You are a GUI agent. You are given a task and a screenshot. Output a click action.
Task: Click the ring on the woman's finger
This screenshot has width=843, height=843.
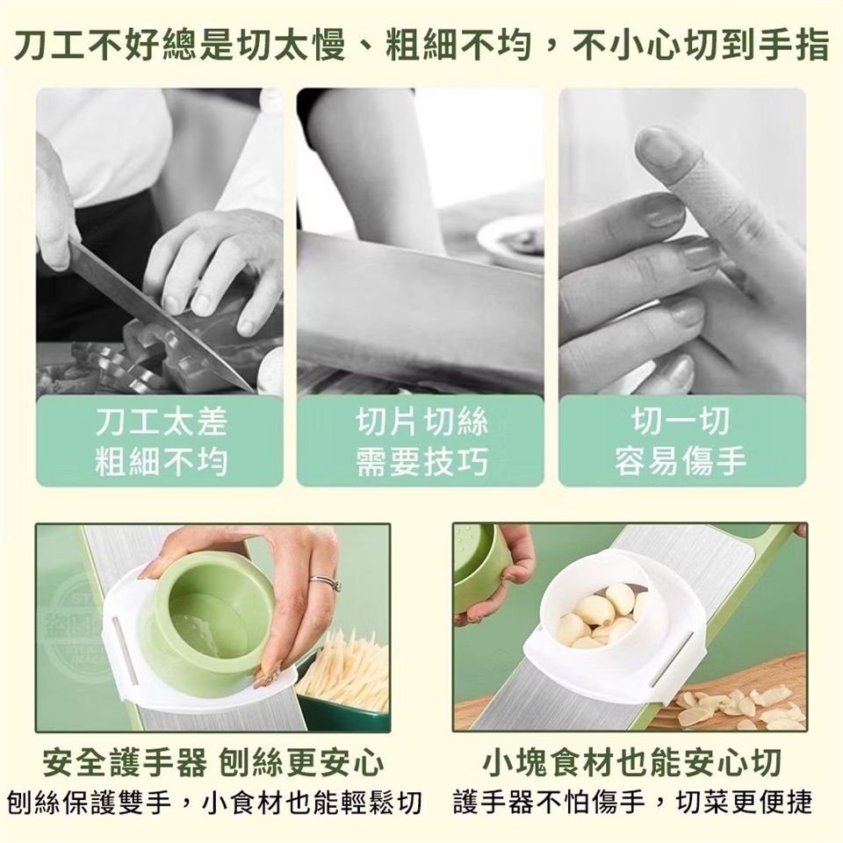326,583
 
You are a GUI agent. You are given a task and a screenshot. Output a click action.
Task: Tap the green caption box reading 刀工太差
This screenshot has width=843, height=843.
160,441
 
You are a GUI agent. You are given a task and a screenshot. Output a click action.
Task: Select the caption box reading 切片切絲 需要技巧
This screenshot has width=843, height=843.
421,441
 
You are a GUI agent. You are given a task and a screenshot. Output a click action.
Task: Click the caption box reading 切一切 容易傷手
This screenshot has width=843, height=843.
681,441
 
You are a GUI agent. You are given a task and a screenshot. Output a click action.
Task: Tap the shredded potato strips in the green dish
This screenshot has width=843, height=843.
344,666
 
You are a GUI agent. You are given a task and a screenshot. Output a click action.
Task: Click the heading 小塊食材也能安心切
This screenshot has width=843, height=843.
631,763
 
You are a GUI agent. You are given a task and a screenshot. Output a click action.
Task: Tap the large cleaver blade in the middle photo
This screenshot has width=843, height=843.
420,312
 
